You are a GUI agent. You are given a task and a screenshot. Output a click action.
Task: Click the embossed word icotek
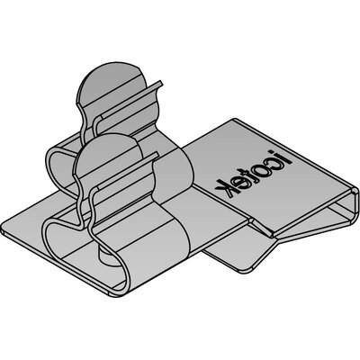[x=254, y=173]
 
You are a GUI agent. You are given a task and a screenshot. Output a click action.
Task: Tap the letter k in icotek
[x=225, y=188]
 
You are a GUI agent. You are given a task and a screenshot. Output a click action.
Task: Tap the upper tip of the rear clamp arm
[x=161, y=83]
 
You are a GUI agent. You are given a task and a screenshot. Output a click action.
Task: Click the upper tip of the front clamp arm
[x=157, y=154]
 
